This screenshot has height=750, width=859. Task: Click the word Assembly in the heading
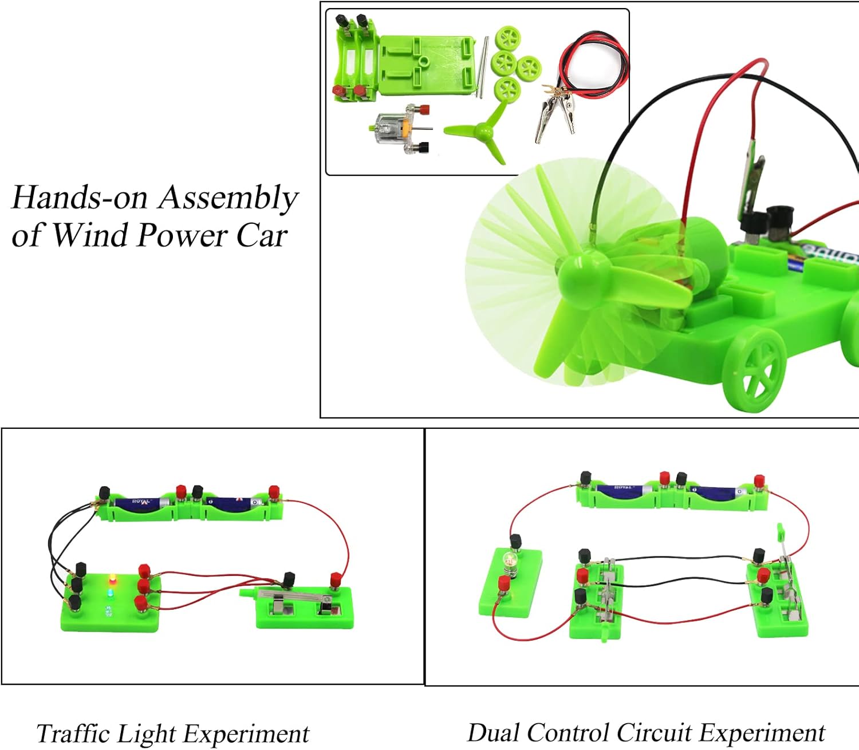(228, 199)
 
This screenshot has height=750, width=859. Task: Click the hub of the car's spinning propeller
(583, 269)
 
